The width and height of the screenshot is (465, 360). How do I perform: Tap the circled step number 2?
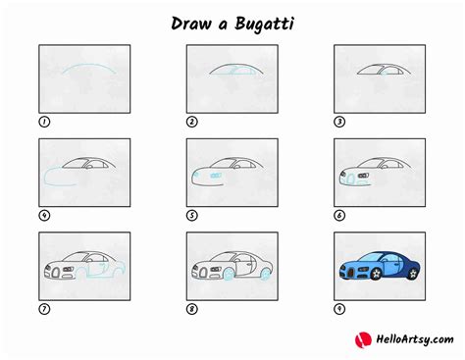pyautogui.click(x=192, y=122)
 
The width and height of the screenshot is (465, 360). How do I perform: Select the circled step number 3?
pyautogui.click(x=340, y=122)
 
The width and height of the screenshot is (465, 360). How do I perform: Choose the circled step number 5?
pyautogui.click(x=192, y=215)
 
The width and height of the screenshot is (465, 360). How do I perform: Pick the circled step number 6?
pyautogui.click(x=340, y=215)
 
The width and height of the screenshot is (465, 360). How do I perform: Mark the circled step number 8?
pyautogui.click(x=192, y=308)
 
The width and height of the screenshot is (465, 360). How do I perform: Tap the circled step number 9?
pyautogui.click(x=340, y=308)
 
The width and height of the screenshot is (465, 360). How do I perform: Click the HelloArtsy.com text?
pyautogui.click(x=409, y=340)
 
